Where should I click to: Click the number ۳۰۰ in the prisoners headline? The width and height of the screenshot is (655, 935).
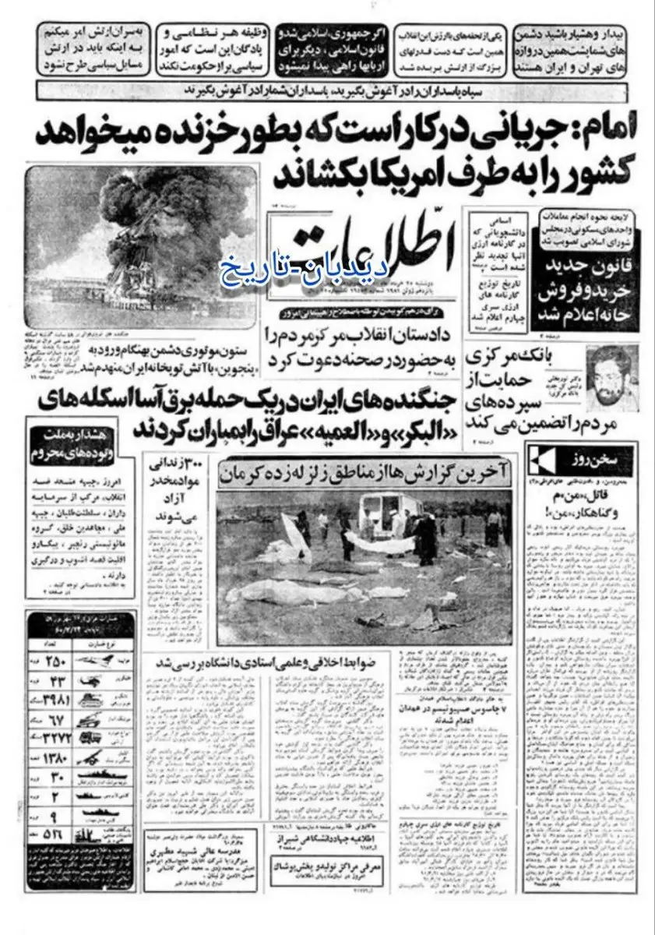188,465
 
